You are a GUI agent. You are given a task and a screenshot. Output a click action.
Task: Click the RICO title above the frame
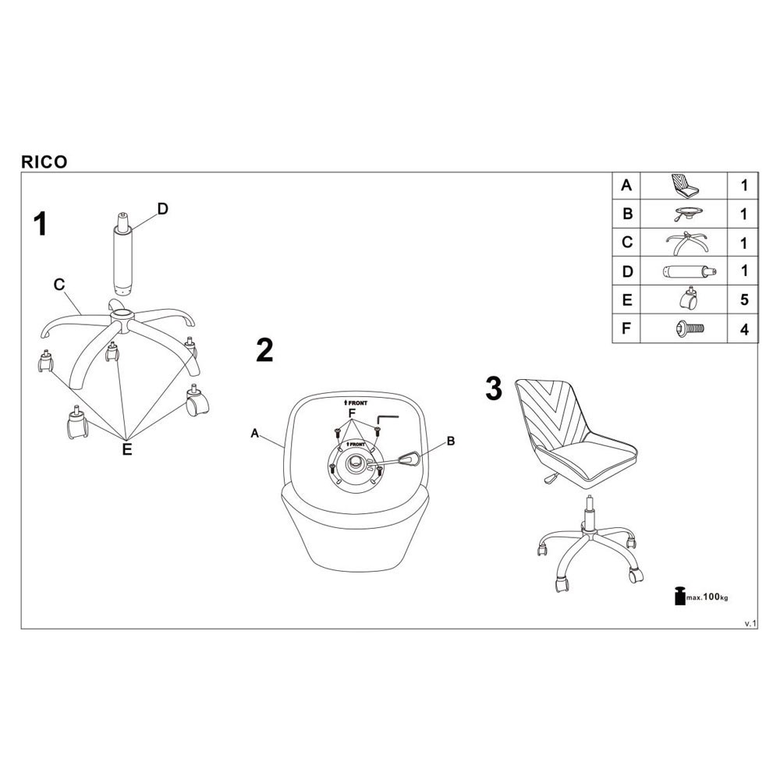pyautogui.click(x=44, y=162)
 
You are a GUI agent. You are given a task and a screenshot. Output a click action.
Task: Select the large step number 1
pyautogui.click(x=40, y=225)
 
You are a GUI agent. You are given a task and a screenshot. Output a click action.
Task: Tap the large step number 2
pyautogui.click(x=264, y=351)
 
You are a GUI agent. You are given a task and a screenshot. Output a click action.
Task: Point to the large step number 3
pyautogui.click(x=494, y=388)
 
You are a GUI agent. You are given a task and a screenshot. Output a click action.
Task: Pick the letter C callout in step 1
pyautogui.click(x=58, y=285)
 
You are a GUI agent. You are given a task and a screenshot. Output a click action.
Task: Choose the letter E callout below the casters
pyautogui.click(x=127, y=449)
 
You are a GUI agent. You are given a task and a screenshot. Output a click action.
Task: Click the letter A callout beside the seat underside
pyautogui.click(x=255, y=435)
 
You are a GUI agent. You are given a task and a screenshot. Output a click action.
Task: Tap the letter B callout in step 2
pyautogui.click(x=450, y=441)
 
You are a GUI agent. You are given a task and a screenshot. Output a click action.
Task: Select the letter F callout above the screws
pyautogui.click(x=351, y=412)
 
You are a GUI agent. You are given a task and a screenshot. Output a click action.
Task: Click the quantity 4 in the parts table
pyautogui.click(x=744, y=329)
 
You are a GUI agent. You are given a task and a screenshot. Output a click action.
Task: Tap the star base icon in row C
pyautogui.click(x=686, y=243)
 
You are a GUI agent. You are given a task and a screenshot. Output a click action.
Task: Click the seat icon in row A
pyautogui.click(x=686, y=186)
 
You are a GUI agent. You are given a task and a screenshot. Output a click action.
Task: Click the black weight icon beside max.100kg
pyautogui.click(x=679, y=595)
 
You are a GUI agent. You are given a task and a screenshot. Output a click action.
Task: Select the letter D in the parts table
pyautogui.click(x=626, y=271)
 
